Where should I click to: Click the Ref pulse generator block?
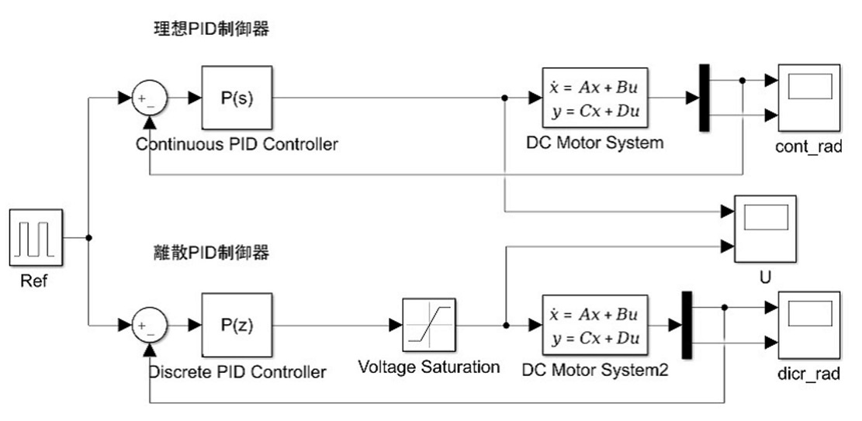pyautogui.click(x=36, y=237)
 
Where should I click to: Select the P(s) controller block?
pyautogui.click(x=237, y=98)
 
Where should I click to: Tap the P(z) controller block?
pyautogui.click(x=237, y=325)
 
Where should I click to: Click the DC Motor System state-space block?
pyautogui.click(x=594, y=98)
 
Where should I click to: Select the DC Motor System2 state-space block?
pyautogui.click(x=594, y=325)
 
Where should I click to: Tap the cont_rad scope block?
pyautogui.click(x=809, y=98)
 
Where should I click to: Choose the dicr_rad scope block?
pyautogui.click(x=809, y=325)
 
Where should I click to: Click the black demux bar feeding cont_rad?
pyautogui.click(x=704, y=98)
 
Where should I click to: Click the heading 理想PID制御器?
pyautogui.click(x=213, y=29)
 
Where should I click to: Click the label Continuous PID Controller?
pyautogui.click(x=237, y=144)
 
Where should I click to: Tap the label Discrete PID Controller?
pyautogui.click(x=237, y=373)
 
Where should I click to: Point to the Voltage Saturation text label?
pyautogui.click(x=428, y=367)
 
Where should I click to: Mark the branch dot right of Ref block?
pyautogui.click(x=91, y=238)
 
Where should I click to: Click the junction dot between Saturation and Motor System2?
pyautogui.click(x=506, y=325)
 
